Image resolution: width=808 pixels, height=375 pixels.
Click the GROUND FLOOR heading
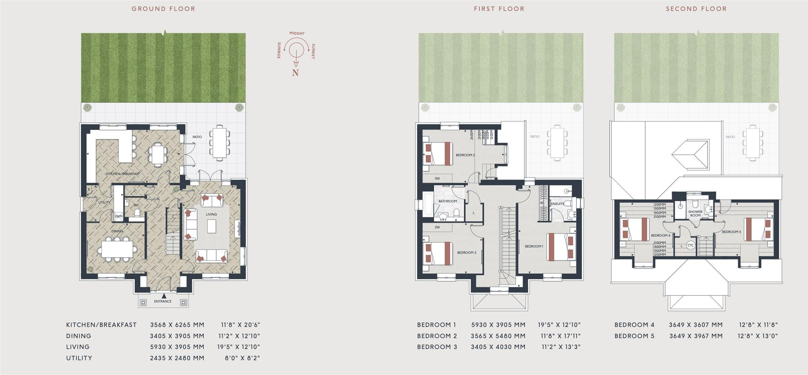click(163, 9)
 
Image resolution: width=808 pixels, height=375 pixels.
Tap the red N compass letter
click(295, 73)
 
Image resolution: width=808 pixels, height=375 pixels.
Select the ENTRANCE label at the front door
click(163, 301)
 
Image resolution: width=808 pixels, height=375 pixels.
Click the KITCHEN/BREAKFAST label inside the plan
click(122, 174)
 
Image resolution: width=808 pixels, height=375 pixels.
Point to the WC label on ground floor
click(136, 205)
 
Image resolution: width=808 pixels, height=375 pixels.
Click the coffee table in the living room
click(211, 227)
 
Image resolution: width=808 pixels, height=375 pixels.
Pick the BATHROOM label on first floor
click(447, 201)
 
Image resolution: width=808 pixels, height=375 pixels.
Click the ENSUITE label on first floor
click(558, 204)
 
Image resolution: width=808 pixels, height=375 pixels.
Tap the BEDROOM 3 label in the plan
click(466, 252)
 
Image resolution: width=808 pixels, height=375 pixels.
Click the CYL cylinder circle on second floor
click(691, 245)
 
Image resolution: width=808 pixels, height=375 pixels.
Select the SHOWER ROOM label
click(695, 214)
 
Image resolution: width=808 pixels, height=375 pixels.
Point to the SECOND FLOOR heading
click(696, 9)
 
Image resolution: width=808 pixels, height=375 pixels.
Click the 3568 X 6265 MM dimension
click(177, 325)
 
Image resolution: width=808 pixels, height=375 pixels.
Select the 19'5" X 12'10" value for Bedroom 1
click(559, 325)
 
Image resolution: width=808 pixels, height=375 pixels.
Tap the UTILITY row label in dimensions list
click(79, 358)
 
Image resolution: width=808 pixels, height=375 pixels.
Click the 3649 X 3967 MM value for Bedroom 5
click(696, 336)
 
